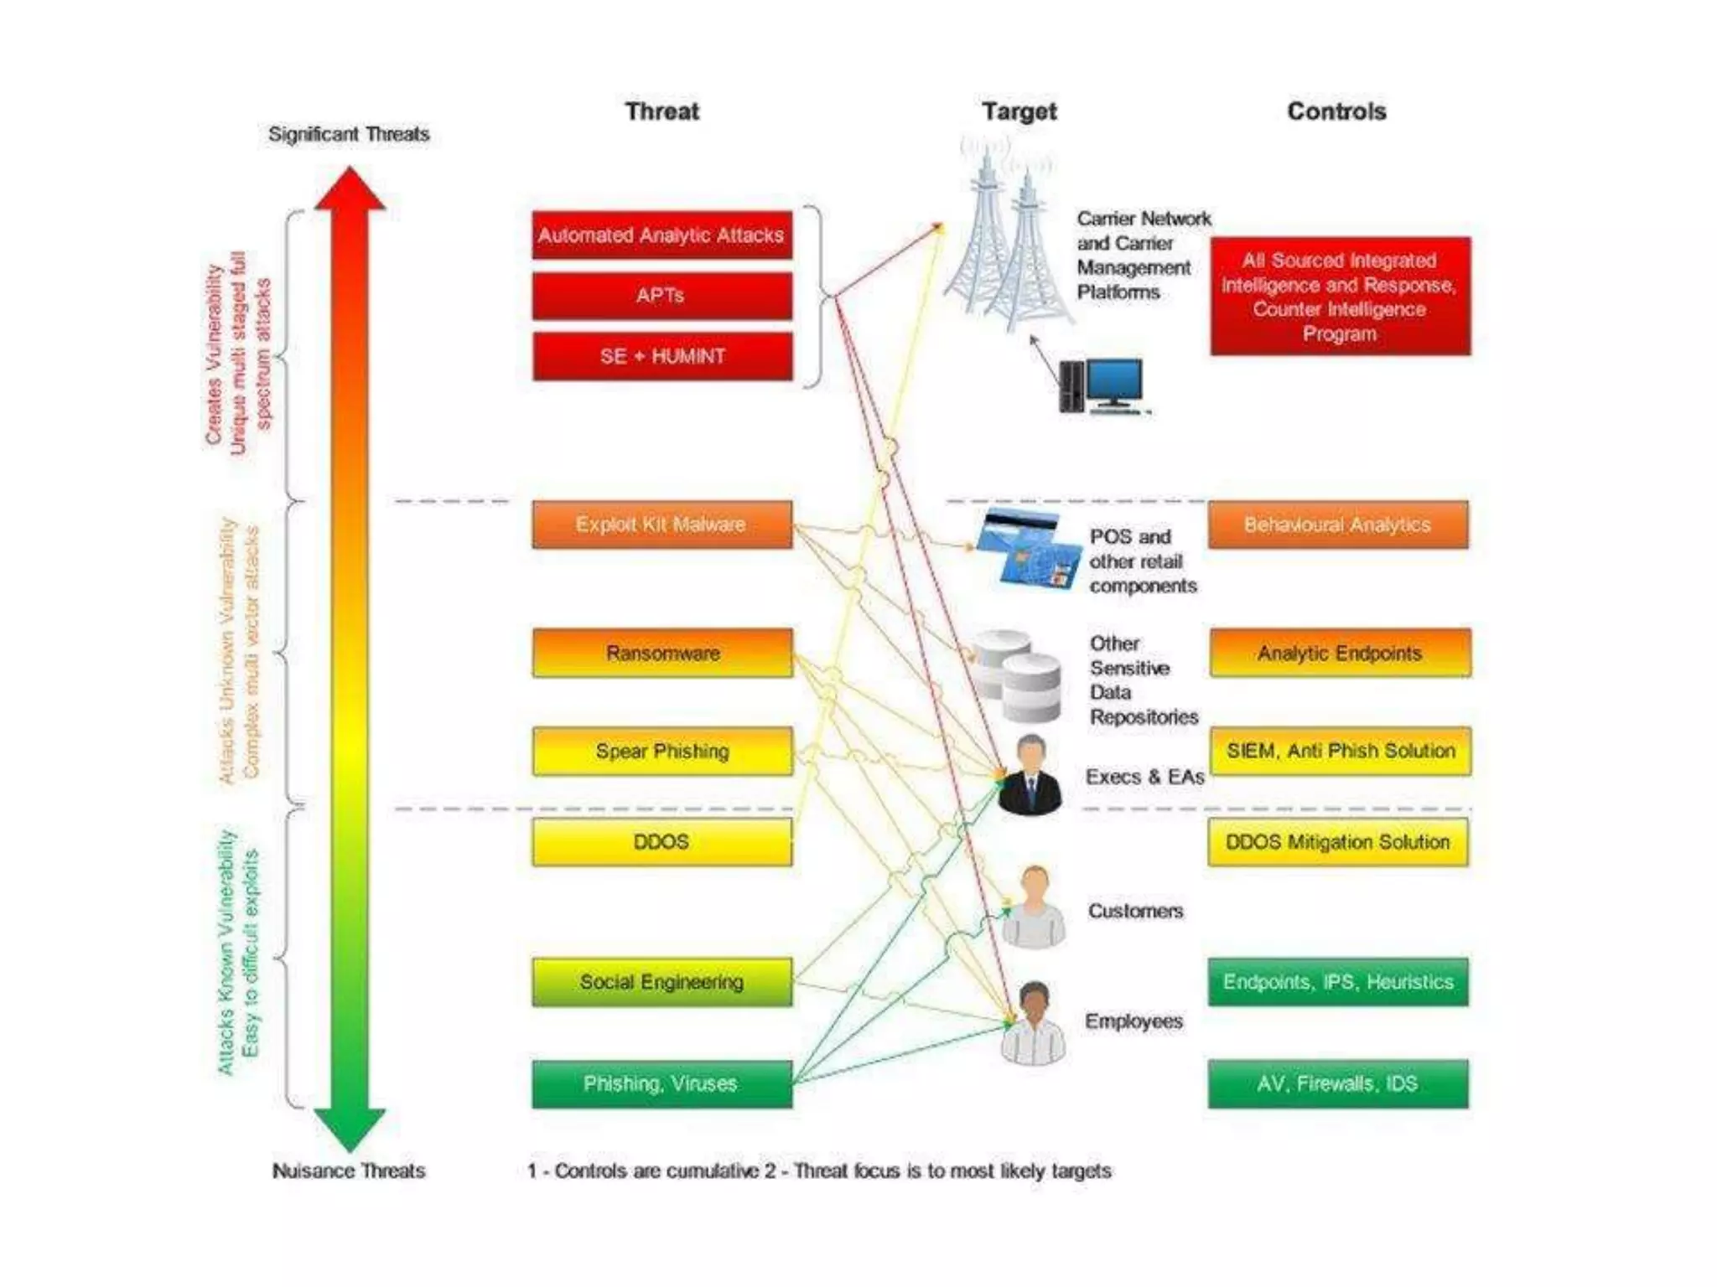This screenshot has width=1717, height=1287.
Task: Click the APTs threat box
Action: (x=661, y=296)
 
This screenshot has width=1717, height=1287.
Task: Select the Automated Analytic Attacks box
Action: (x=661, y=235)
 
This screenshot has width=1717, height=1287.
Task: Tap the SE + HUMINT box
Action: (x=661, y=356)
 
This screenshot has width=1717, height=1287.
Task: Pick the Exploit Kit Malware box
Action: (x=661, y=525)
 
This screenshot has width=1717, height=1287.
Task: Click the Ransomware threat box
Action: (x=661, y=653)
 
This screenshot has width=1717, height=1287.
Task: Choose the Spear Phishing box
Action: (x=661, y=751)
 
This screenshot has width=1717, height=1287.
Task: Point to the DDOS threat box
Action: (x=661, y=842)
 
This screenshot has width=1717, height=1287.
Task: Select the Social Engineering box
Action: (x=661, y=982)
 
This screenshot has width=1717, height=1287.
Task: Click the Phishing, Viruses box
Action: (x=661, y=1084)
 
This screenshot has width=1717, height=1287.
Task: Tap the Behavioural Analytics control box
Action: (x=1338, y=525)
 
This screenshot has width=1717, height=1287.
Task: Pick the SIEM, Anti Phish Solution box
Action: (x=1340, y=751)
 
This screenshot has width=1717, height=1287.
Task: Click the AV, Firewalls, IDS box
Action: (x=1338, y=1084)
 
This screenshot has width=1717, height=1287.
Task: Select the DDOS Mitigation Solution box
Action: (x=1338, y=842)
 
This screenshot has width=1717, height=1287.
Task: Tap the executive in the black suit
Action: (x=1031, y=776)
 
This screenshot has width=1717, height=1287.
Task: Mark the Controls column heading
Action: (x=1336, y=111)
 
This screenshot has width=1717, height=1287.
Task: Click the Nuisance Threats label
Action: (x=349, y=1171)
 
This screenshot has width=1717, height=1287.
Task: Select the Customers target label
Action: (x=1135, y=911)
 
